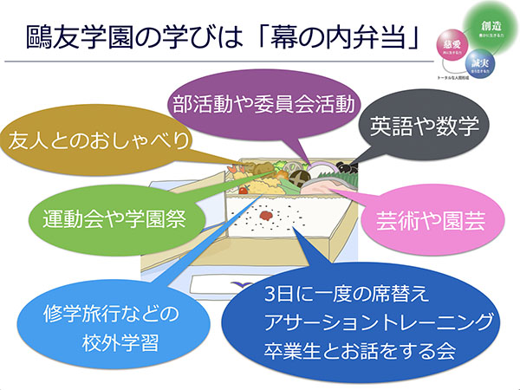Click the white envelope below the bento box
pyautogui.click(x=217, y=282)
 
